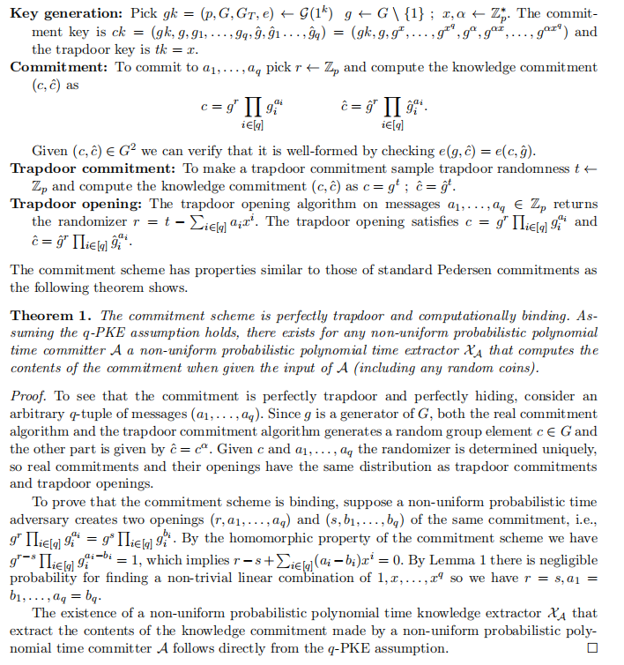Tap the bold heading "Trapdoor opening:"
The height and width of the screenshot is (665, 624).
coord(70,203)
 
